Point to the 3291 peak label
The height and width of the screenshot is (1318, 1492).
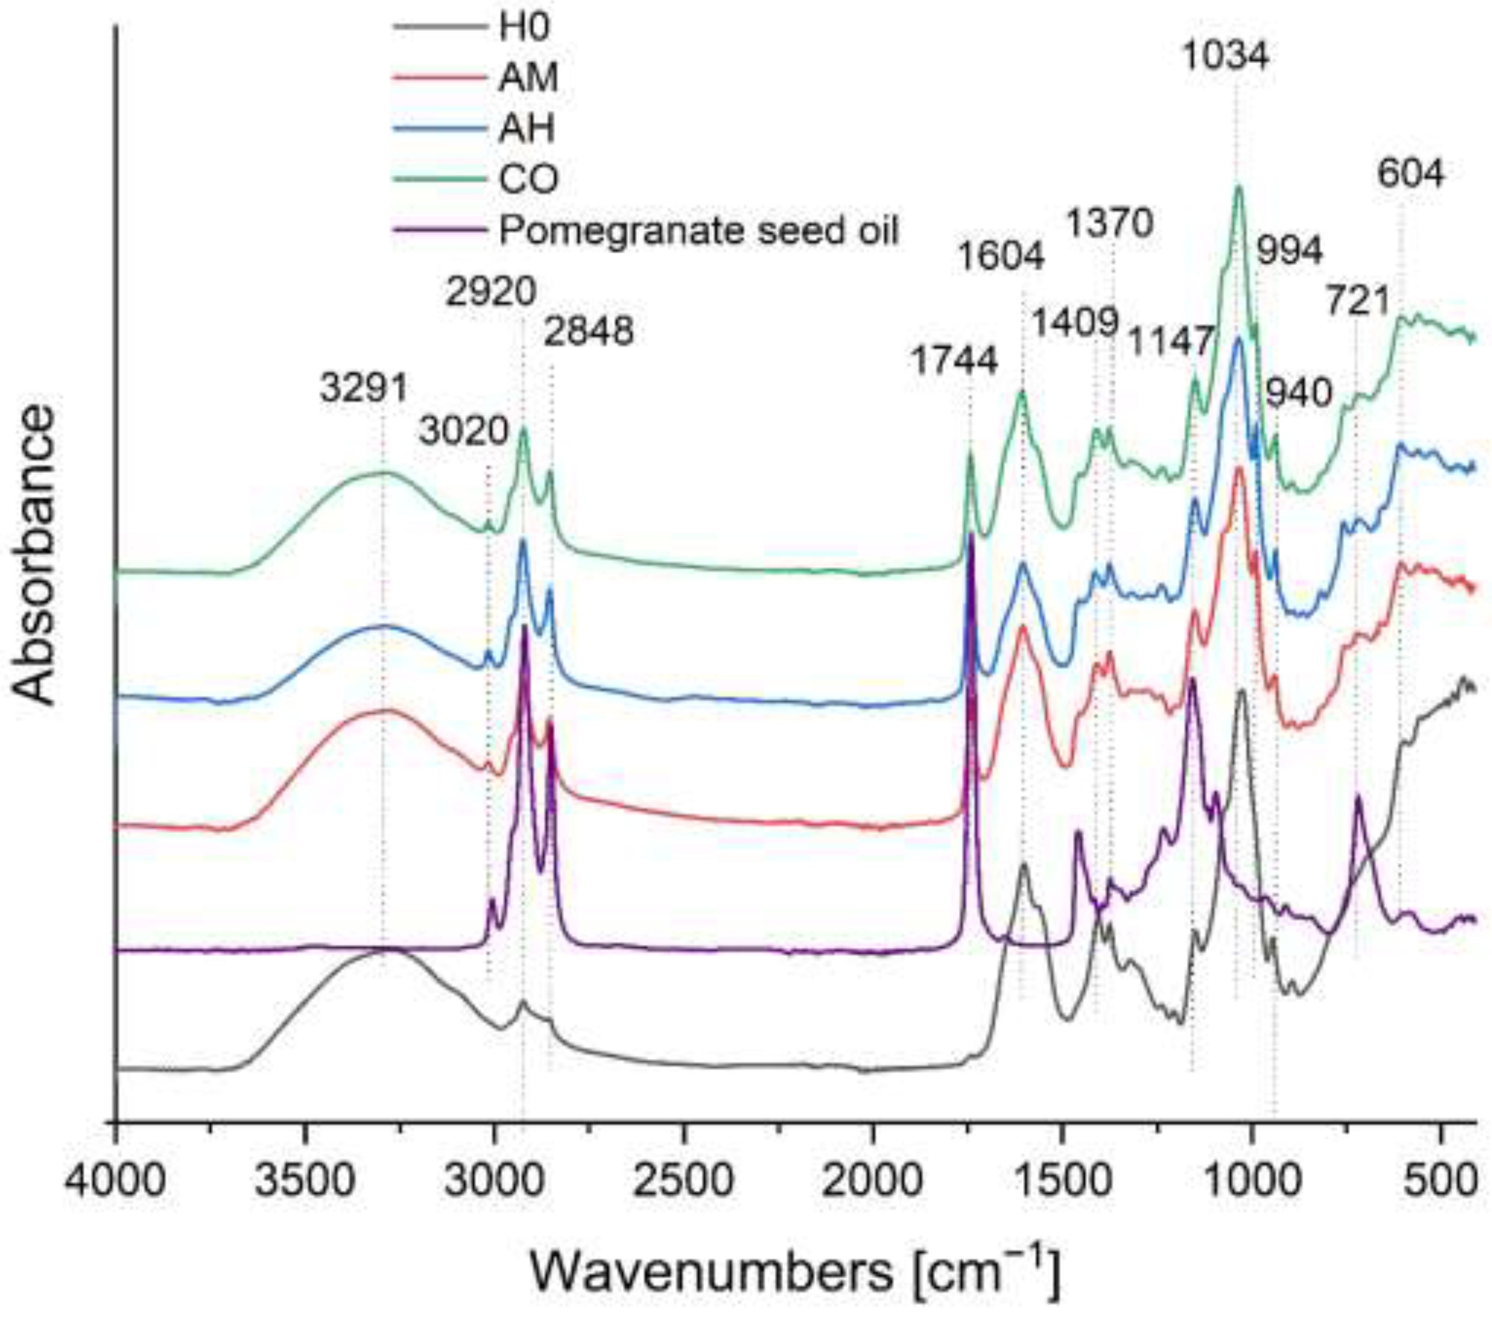click(364, 388)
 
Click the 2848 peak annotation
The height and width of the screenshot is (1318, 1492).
click(588, 332)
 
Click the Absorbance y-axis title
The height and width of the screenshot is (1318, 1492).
click(34, 555)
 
